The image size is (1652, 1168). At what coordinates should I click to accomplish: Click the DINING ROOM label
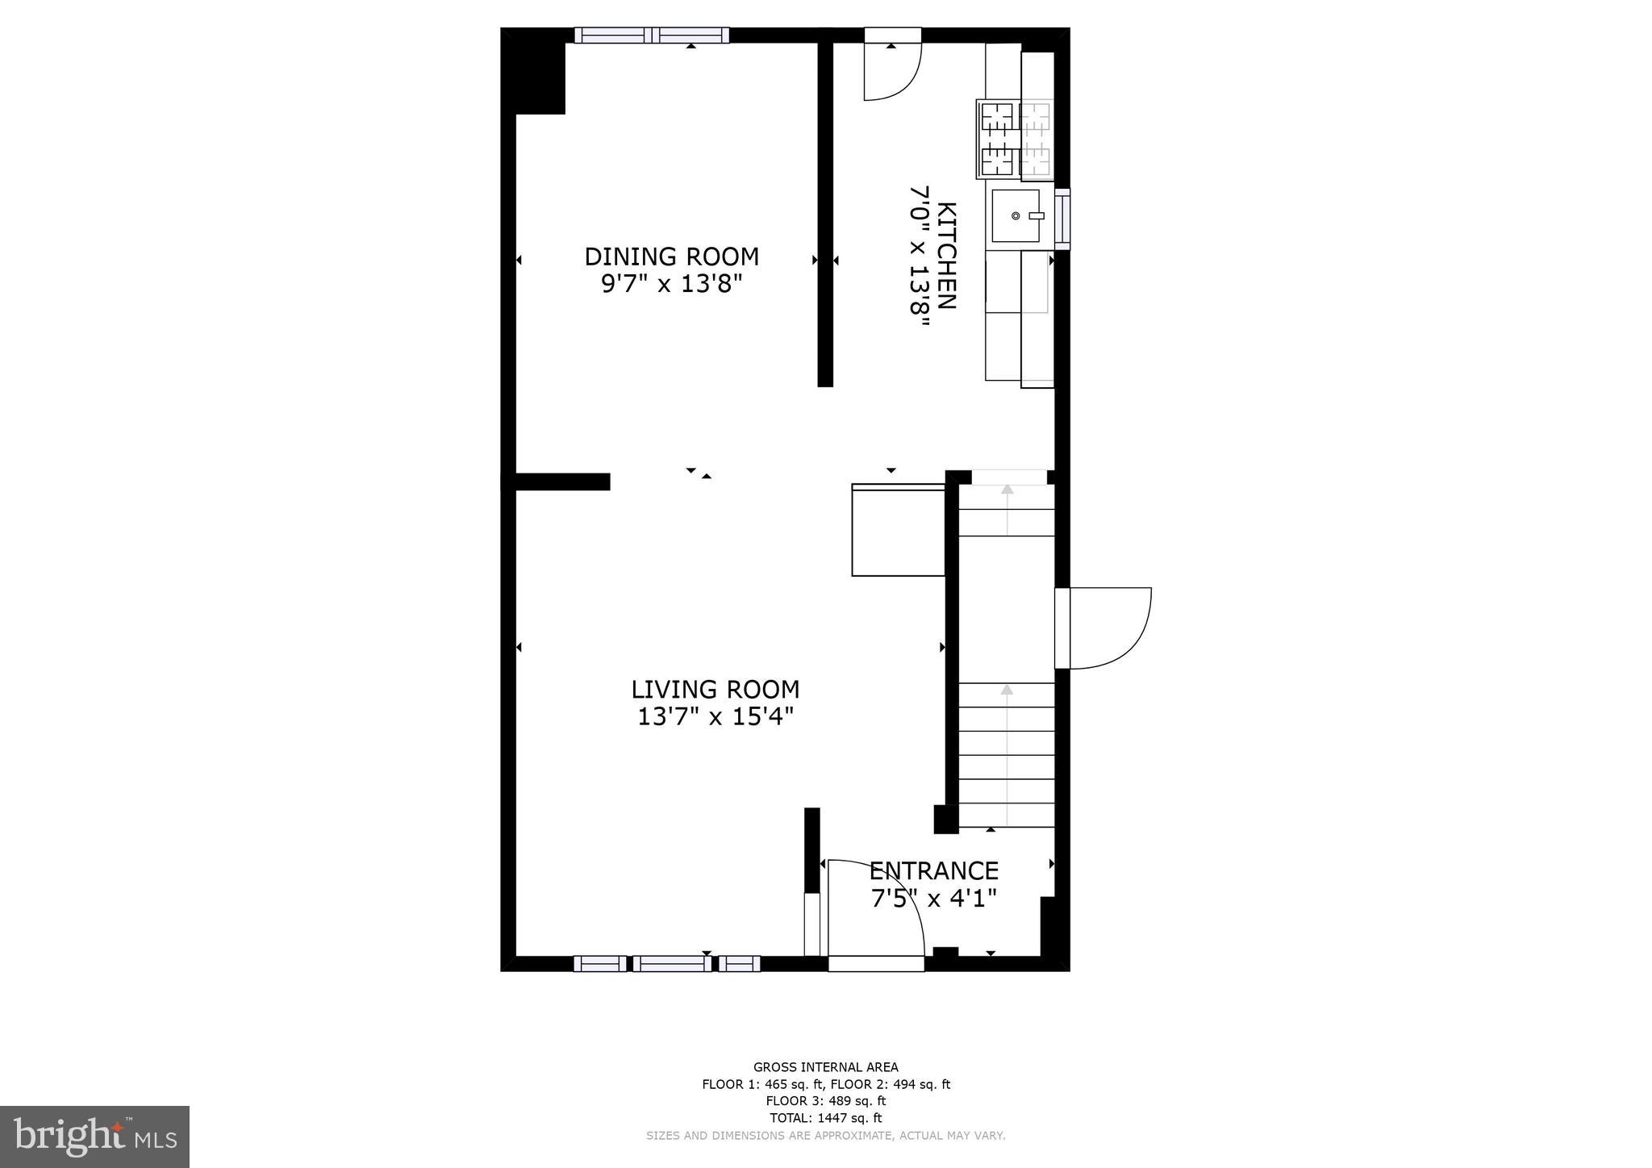coord(671,257)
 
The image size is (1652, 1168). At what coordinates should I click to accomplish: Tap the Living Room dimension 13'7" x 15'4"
coord(715,716)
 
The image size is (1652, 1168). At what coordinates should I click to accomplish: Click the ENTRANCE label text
coord(933,870)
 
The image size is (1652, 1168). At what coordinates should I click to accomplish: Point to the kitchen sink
coord(1016,215)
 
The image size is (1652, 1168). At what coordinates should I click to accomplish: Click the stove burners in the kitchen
coord(1015,140)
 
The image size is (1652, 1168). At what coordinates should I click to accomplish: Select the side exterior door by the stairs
coord(1102,628)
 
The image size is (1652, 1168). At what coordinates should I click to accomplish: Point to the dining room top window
coord(652,35)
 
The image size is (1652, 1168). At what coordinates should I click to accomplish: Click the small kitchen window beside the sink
coord(1063,219)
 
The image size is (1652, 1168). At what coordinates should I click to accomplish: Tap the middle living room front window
coord(671,963)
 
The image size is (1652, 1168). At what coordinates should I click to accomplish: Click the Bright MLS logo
coord(94,1137)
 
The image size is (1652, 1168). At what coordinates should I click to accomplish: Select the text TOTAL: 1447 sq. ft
coord(825,1118)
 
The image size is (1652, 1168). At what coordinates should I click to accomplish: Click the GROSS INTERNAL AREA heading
coord(825,1067)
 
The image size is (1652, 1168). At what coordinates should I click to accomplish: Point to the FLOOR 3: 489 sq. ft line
coord(825,1101)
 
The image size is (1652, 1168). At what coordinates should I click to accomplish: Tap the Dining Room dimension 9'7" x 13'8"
coord(671,284)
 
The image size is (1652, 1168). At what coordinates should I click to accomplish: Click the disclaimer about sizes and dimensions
coord(825,1136)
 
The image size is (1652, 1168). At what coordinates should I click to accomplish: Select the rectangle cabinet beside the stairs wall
coord(898,530)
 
